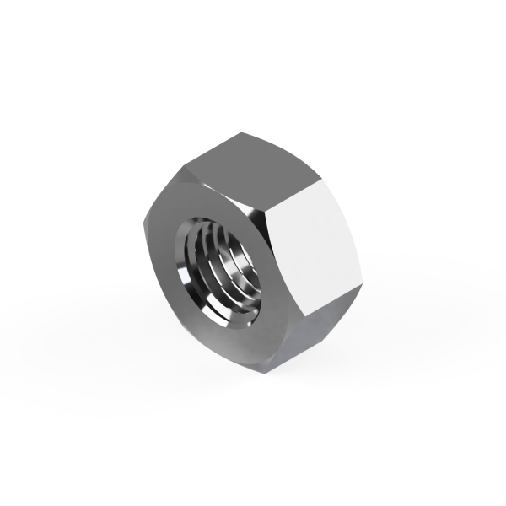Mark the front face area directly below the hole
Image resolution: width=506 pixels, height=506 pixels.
pyautogui.click(x=228, y=337)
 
